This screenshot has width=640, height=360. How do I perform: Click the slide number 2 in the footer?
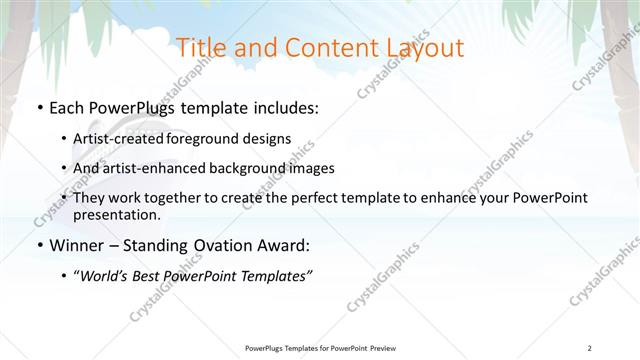pos(591,347)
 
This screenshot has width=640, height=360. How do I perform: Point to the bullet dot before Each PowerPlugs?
pos(39,108)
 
